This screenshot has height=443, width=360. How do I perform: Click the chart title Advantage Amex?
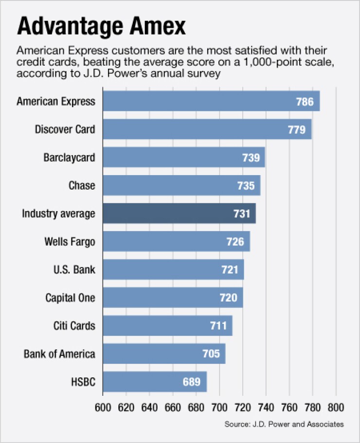pyautogui.click(x=101, y=27)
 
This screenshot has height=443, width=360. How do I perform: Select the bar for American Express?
pyautogui.click(x=211, y=101)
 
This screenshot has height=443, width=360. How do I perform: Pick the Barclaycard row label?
pyautogui.click(x=69, y=158)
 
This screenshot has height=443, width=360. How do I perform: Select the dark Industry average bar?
pyautogui.click(x=179, y=213)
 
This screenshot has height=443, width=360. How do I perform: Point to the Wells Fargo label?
pyautogui.click(x=70, y=242)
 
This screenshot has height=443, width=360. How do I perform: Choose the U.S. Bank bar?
pyautogui.click(x=173, y=269)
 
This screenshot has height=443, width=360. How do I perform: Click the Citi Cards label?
pyautogui.click(x=74, y=326)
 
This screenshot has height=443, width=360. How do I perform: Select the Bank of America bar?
pyautogui.click(x=164, y=354)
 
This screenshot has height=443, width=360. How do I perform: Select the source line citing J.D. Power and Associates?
pyautogui.click(x=284, y=424)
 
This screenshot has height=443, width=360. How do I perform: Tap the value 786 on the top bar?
pyautogui.click(x=306, y=102)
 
